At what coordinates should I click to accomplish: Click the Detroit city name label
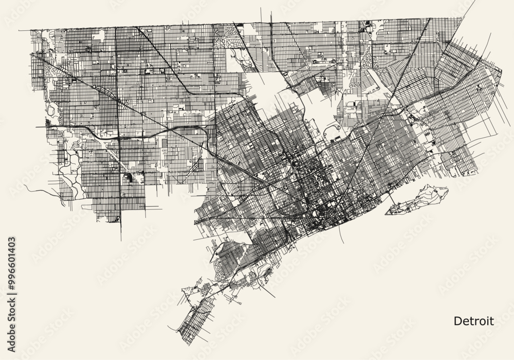[473, 321]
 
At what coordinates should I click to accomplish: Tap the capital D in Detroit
[457, 321]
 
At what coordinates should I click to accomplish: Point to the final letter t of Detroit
[492, 321]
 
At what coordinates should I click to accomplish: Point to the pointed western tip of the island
[386, 212]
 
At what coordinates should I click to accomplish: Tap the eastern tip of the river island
[448, 190]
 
